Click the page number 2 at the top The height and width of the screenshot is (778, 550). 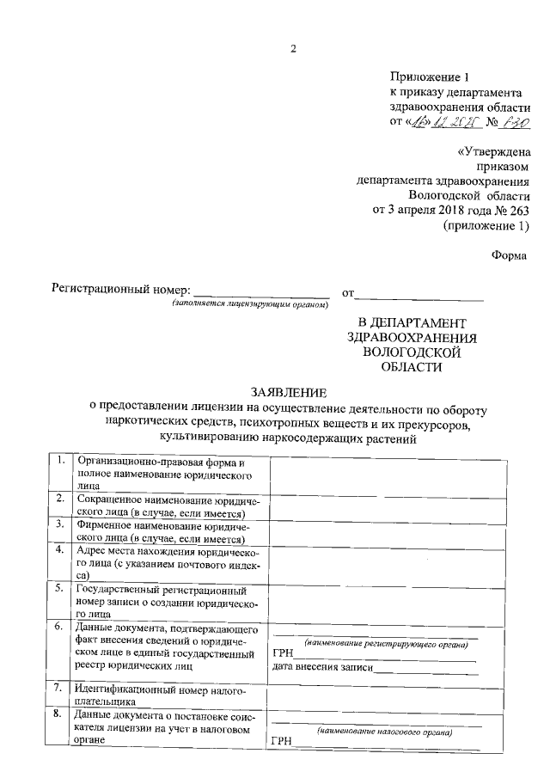click(292, 48)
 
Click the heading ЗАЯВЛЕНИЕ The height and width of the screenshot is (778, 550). click(292, 389)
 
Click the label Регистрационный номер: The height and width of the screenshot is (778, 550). click(121, 291)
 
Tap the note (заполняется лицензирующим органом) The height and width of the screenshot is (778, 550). click(250, 305)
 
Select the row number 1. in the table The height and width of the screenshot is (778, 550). click(60, 460)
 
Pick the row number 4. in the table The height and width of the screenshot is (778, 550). click(60, 548)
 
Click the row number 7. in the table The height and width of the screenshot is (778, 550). click(60, 688)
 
